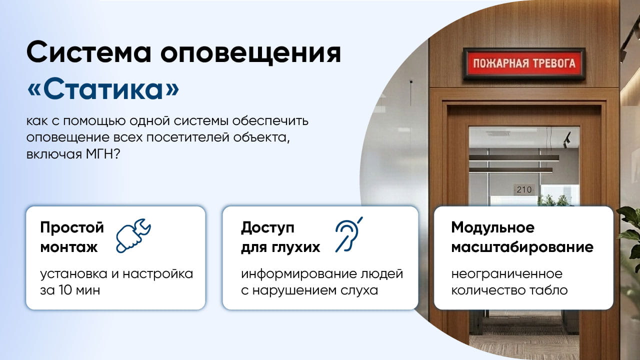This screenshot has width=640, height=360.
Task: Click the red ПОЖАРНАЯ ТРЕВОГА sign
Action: [524, 63]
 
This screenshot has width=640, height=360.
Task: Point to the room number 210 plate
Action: [524, 189]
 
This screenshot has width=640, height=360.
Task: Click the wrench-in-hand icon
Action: [133, 235]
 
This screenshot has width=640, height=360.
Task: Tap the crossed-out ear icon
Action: [348, 234]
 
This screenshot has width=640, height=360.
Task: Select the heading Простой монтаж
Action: [72, 237]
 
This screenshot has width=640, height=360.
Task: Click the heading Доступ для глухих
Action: [280, 237]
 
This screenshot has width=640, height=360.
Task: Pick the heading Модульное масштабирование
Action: [522, 237]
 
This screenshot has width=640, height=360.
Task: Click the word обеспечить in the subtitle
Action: [270, 121]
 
